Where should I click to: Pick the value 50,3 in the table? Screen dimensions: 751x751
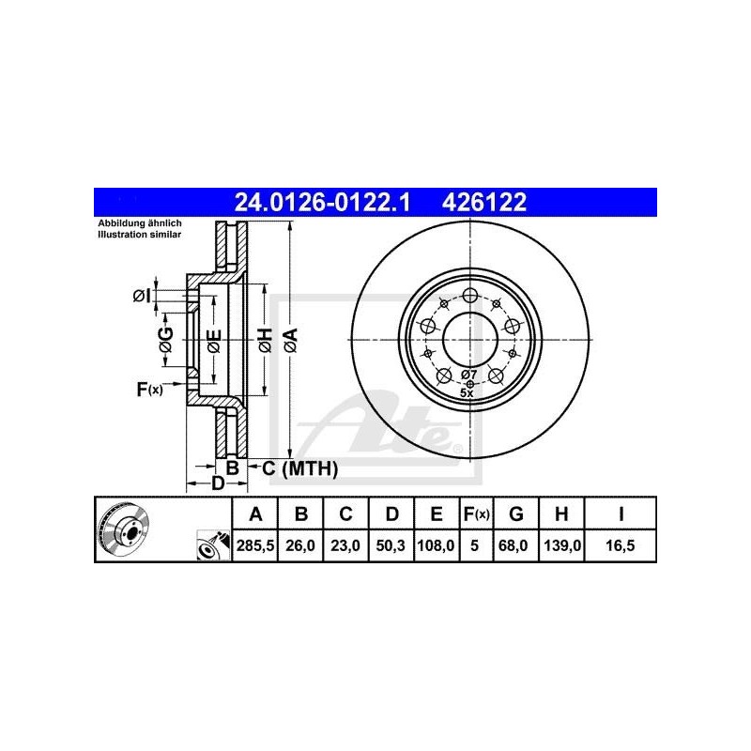point(391,544)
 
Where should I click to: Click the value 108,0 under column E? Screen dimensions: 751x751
point(437,544)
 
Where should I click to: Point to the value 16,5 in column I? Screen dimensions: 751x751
point(621,544)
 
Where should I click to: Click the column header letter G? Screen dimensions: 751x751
point(516,513)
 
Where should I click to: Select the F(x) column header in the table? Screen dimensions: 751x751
point(476,513)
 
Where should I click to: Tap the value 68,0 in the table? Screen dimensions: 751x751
point(516,544)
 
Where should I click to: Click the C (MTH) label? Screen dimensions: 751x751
point(299,467)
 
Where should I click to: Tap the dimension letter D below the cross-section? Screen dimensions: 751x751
point(217,483)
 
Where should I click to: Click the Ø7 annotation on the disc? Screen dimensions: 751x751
point(470,375)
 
